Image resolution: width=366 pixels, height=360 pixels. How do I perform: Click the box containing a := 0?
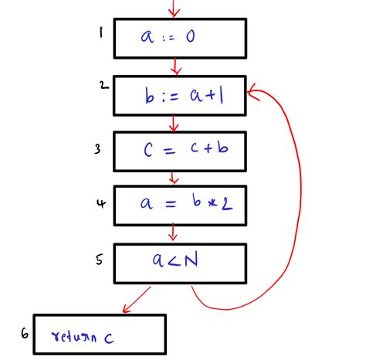(180, 38)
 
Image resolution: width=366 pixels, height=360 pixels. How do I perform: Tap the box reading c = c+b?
(180, 151)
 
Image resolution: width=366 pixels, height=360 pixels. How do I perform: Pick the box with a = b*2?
(180, 204)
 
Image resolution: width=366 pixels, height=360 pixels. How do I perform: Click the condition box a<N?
(180, 264)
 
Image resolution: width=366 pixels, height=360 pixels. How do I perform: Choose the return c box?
(100, 334)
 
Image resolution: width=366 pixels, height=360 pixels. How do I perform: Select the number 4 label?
(100, 204)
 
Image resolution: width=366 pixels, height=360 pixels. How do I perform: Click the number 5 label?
(100, 260)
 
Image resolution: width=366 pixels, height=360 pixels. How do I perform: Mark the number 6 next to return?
(25, 335)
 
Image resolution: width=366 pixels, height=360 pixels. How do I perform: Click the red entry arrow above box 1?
(174, 8)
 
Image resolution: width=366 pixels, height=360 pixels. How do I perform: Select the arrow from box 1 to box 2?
(176, 66)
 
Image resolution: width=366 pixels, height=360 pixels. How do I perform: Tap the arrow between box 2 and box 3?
(174, 123)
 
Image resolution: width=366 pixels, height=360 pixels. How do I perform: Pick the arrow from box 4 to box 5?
(173, 233)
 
